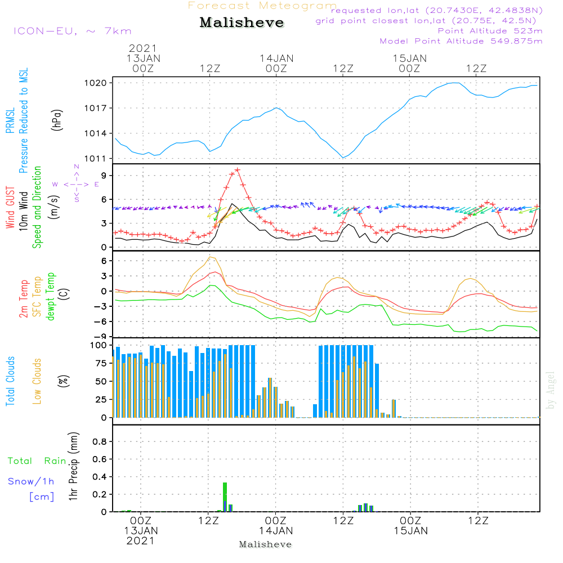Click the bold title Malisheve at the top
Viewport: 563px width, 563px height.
(x=242, y=23)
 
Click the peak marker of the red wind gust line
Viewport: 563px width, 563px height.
(x=238, y=169)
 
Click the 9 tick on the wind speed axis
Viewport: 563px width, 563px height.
(x=103, y=176)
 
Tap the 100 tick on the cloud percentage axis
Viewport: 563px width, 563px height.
(x=99, y=345)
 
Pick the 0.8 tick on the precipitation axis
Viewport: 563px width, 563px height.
(x=100, y=442)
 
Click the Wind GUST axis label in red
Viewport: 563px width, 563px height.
(x=10, y=208)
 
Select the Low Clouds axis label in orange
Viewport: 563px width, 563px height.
(x=37, y=380)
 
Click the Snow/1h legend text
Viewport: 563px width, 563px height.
(x=32, y=481)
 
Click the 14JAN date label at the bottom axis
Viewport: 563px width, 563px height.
(x=276, y=530)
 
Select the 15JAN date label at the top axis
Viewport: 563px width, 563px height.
(x=409, y=58)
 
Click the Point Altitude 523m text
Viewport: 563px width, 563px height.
(x=490, y=30)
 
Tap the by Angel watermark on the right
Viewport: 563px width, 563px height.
(x=551, y=390)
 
